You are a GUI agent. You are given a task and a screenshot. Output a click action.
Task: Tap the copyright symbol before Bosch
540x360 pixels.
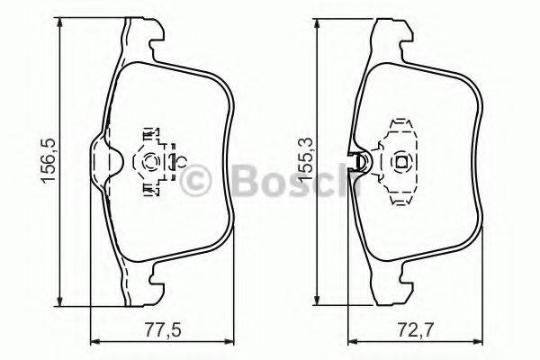click(197, 183)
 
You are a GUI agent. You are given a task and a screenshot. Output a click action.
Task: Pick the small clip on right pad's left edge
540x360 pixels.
click(359, 163)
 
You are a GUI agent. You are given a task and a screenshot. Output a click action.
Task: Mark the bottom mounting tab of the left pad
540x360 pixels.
click(144, 286)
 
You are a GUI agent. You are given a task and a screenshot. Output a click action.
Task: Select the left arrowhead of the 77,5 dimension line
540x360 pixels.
click(96, 340)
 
